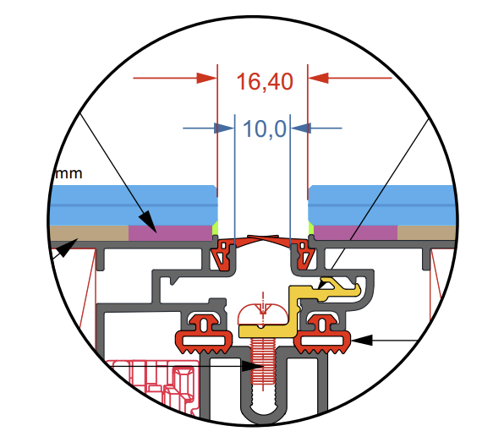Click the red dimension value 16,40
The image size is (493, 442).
264,82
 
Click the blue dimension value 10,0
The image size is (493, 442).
265,129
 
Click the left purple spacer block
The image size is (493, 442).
169,232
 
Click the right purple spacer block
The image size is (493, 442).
355,232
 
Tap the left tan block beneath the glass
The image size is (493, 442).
89,232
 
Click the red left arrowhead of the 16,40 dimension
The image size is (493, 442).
208,78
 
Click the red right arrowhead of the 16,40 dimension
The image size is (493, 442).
319,78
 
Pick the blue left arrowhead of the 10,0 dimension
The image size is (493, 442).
224,128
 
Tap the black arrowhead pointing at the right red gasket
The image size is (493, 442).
361,341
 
